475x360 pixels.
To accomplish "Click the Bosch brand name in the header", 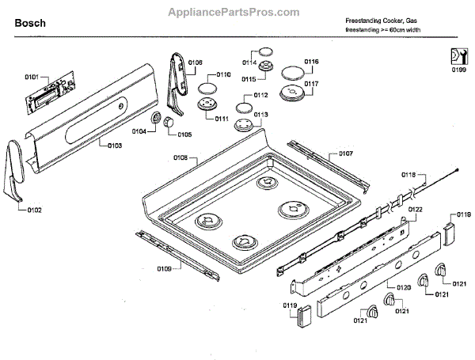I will (29, 24).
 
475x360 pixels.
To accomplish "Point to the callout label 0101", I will (32, 77).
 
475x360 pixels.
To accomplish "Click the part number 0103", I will (114, 146).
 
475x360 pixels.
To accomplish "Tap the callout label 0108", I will (180, 158).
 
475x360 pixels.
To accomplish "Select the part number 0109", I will (164, 269).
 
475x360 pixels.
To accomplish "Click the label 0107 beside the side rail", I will (346, 153).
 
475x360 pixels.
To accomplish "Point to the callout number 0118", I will (408, 173).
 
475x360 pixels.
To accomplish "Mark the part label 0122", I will (415, 209).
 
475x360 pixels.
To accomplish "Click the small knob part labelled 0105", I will (168, 119).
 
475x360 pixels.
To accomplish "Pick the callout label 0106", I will (195, 62).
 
